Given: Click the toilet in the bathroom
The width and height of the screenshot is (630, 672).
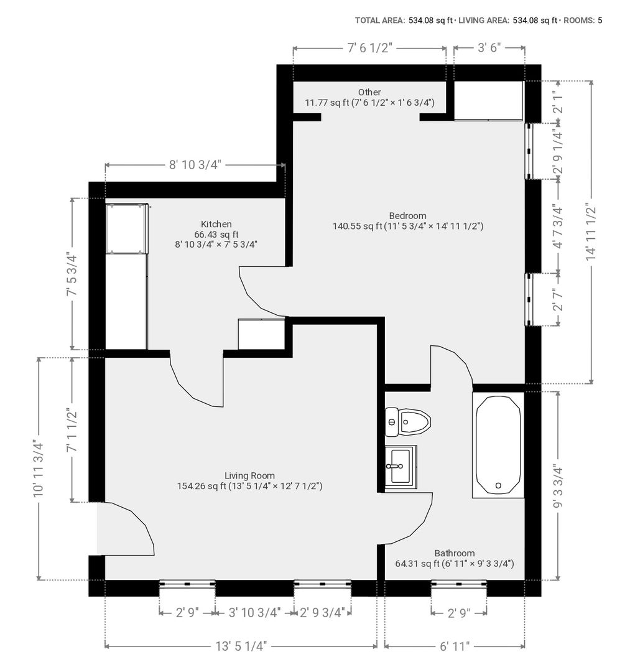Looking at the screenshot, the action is click(408, 422).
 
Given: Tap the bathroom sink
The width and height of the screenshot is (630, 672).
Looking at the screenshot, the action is click(401, 467).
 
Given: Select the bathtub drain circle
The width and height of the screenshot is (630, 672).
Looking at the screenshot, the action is click(498, 485).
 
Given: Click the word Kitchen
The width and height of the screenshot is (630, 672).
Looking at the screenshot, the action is click(216, 224).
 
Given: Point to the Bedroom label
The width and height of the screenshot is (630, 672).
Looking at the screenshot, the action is click(408, 215).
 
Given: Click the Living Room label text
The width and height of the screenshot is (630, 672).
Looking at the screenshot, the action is click(249, 476).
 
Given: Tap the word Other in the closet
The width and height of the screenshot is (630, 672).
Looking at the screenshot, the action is click(369, 92).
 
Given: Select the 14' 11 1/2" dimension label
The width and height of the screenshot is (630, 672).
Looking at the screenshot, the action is click(591, 232).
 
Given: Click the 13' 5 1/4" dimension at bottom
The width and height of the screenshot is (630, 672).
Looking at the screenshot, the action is click(241, 646).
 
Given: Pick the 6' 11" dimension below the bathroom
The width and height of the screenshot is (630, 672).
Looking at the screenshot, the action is click(455, 646).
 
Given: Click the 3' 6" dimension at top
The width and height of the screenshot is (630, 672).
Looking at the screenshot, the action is click(489, 47).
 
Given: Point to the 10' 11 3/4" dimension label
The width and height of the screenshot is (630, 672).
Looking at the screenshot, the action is click(39, 469).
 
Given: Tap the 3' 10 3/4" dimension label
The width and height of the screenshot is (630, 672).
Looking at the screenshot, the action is click(254, 613).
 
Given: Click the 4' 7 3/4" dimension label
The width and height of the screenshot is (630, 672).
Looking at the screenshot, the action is click(558, 226).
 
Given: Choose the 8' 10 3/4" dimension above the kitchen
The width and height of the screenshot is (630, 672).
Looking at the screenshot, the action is click(195, 164).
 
